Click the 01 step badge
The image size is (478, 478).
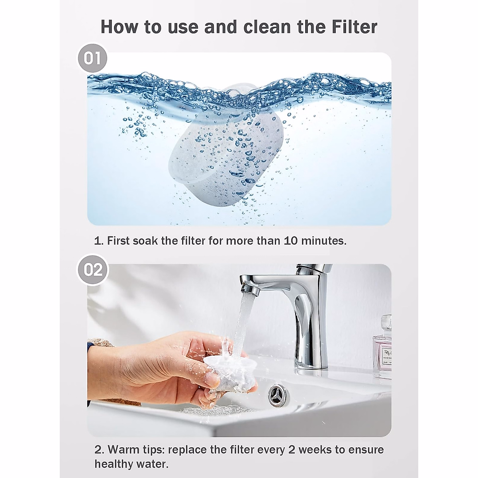pyautogui.click(x=92, y=58)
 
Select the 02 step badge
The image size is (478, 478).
pyautogui.click(x=92, y=270)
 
